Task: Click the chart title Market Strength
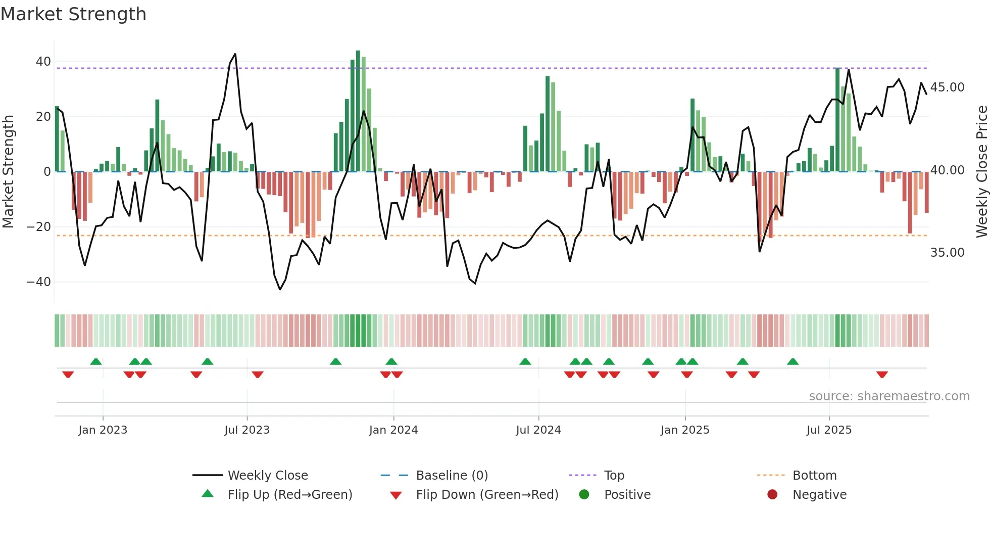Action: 73,14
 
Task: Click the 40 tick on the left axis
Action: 43,62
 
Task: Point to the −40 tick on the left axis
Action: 39,282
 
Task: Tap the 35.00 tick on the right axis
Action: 947,253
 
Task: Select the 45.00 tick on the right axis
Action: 947,87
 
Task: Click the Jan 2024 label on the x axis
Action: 393,430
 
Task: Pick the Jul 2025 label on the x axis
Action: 829,430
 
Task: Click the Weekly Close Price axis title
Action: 981,172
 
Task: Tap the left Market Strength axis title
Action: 9,172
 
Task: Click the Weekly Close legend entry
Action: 267,476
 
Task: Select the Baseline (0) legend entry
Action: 452,476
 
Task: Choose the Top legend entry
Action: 614,476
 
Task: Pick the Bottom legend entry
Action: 814,476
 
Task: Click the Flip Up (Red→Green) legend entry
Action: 289,495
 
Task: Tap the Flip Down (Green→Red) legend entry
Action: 486,495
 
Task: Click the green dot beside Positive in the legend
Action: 584,495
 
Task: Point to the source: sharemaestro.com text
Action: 889,396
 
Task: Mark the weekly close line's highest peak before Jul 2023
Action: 235,54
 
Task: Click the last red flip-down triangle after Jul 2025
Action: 882,375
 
